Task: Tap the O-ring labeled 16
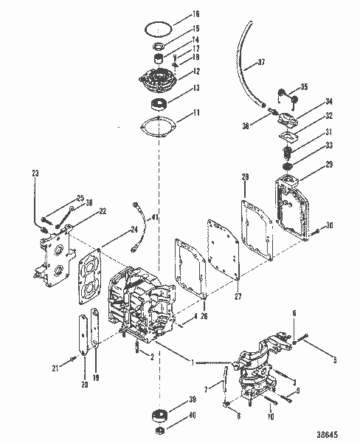point(153,27)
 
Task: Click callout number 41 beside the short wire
point(155,217)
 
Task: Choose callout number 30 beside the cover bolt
point(330,225)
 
